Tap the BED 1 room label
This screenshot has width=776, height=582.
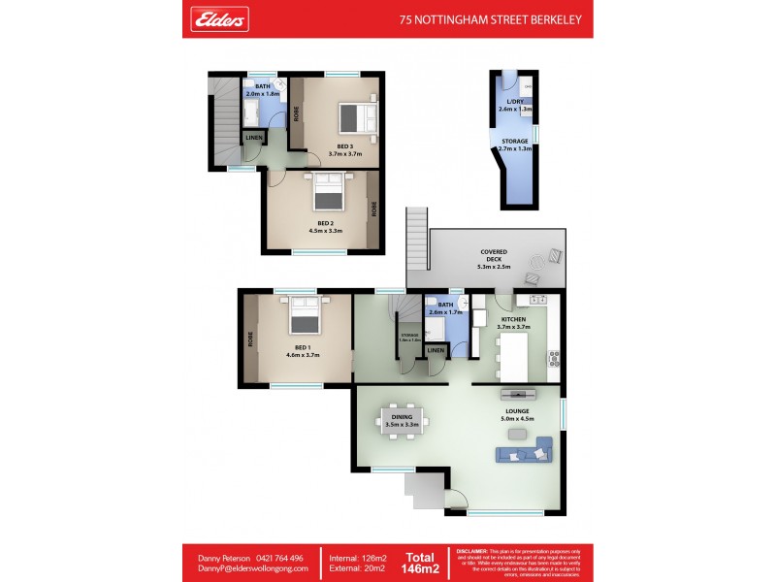pos(303,351)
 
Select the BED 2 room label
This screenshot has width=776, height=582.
pos(325,226)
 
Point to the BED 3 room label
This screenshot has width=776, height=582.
pos(345,149)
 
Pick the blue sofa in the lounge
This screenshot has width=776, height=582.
pos(524,450)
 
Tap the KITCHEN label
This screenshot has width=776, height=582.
pos(513,322)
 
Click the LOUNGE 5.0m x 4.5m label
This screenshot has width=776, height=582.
pos(516,415)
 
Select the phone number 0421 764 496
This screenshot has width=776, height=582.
pos(277,558)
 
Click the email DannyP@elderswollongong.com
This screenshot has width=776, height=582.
pos(253,568)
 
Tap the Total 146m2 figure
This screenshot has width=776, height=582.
pos(419,563)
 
